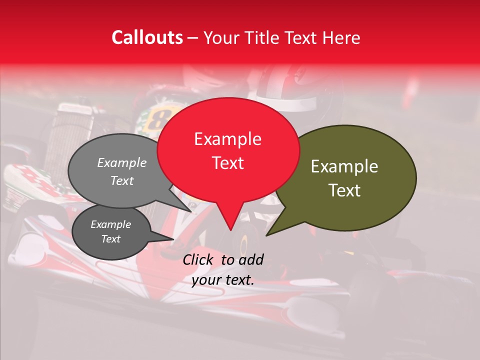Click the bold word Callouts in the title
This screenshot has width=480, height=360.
147,37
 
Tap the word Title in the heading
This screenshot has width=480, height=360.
265,37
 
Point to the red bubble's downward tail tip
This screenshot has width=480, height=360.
230,230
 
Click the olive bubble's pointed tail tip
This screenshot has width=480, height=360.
266,235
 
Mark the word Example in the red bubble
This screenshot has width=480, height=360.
227,139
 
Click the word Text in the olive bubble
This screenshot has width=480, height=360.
344,190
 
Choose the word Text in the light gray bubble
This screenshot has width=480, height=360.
122,181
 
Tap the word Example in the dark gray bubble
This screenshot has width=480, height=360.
110,224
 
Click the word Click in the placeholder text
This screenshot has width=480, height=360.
198,259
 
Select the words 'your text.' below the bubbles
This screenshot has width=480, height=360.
223,280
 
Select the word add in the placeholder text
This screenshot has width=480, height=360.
251,259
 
